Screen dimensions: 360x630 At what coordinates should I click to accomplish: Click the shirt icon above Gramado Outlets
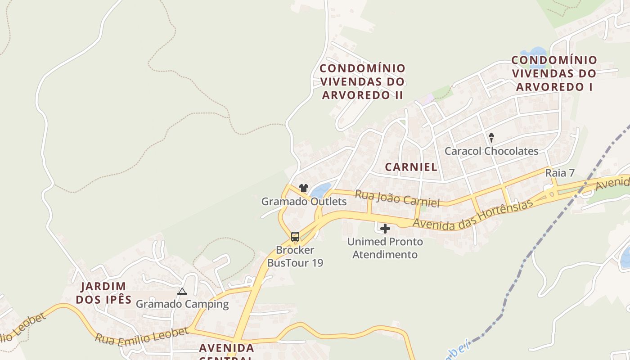[304, 188]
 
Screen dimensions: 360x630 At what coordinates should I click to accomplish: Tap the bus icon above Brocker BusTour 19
[295, 236]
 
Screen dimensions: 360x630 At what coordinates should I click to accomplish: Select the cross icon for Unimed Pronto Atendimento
[385, 229]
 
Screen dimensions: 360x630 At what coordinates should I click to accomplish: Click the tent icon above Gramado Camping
[182, 292]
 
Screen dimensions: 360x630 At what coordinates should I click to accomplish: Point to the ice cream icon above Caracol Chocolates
[491, 137]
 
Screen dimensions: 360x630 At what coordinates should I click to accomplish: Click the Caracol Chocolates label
[491, 151]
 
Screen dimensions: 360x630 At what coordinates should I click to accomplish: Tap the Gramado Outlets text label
[304, 202]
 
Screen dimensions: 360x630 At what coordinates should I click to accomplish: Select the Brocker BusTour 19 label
[295, 256]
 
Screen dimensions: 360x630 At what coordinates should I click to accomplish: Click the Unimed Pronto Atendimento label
[385, 248]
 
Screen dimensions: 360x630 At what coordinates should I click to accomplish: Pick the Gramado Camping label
[182, 304]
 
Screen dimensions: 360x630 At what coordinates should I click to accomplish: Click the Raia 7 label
[560, 173]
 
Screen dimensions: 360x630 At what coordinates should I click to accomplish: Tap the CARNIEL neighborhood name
[411, 167]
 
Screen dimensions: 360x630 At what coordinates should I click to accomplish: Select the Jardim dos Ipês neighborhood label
[103, 293]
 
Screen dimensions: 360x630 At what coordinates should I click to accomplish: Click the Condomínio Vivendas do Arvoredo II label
[362, 82]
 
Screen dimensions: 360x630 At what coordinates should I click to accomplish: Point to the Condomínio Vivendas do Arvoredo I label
[554, 73]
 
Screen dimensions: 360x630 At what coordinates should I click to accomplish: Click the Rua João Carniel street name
[397, 198]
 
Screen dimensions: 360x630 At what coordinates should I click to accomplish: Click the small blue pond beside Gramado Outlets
[320, 190]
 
